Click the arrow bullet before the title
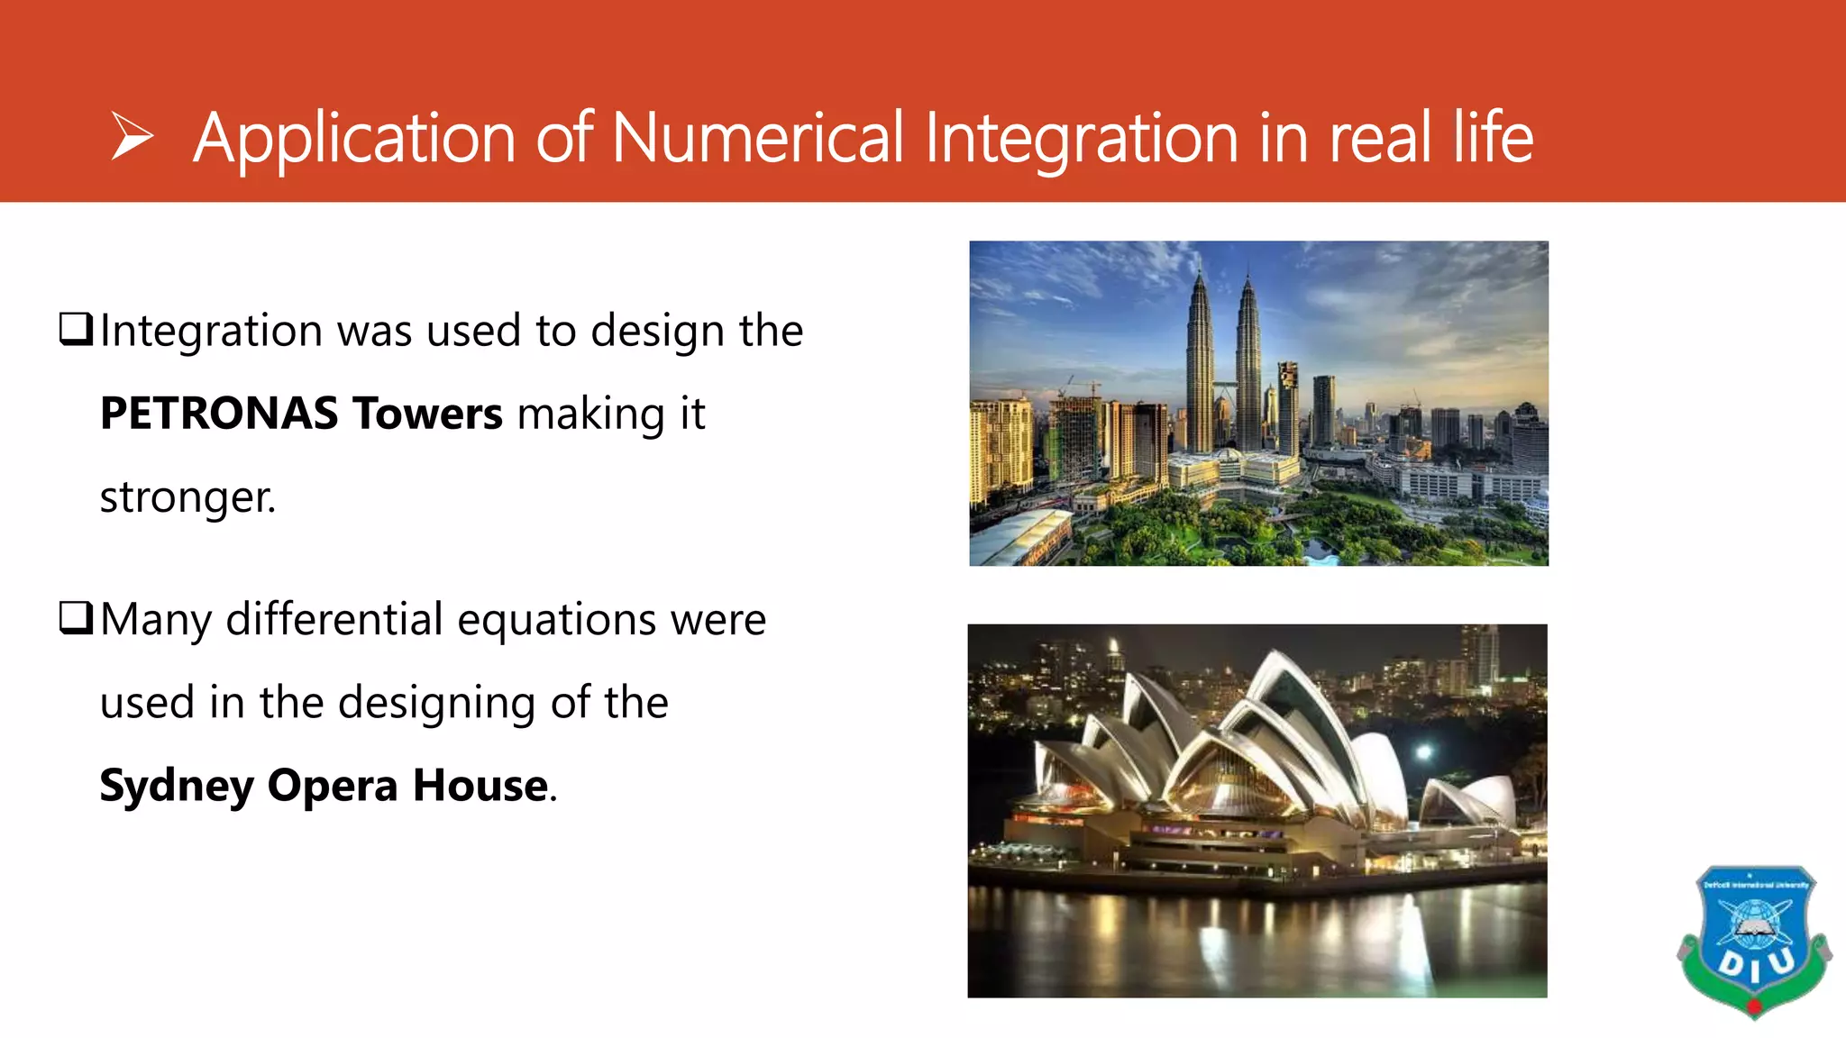pyautogui.click(x=133, y=137)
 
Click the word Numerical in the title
pyautogui.click(x=757, y=138)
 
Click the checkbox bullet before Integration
pyautogui.click(x=76, y=329)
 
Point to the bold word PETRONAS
pyautogui.click(x=219, y=414)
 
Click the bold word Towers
pyautogui.click(x=427, y=414)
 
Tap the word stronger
pyautogui.click(x=187, y=497)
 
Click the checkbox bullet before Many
pyautogui.click(x=76, y=618)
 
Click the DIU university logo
pyautogui.click(x=1753, y=942)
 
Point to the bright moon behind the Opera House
pyautogui.click(x=1424, y=751)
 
